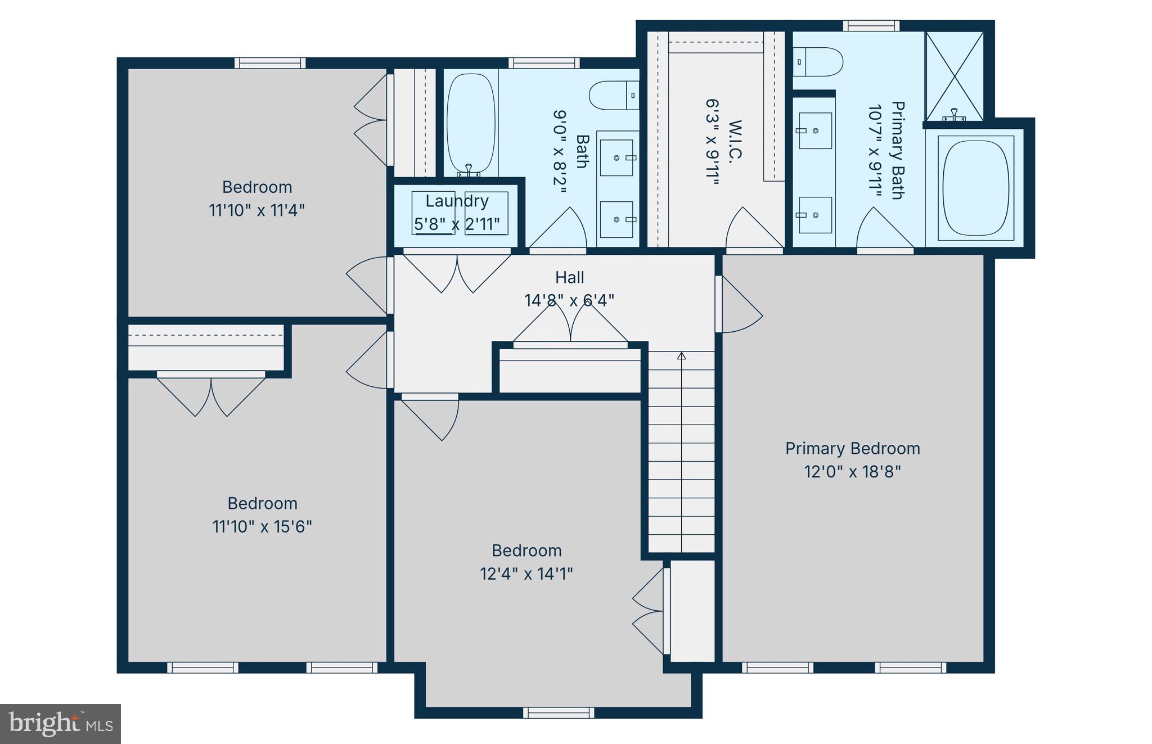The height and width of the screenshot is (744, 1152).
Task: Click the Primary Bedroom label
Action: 852,448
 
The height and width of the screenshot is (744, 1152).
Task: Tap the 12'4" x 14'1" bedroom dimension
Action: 526,574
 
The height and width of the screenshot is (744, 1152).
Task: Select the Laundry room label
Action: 457,201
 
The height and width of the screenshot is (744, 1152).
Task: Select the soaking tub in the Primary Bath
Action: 975,187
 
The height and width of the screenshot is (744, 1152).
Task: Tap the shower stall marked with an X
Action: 955,75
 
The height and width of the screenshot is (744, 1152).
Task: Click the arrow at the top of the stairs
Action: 682,356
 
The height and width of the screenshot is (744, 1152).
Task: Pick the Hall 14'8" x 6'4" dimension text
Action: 569,300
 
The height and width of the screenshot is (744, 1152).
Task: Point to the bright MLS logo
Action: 60,724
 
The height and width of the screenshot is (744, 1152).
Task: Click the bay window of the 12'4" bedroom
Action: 558,713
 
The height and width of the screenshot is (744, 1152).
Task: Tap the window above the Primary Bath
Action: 871,26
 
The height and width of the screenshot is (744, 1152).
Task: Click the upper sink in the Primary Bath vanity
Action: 815,130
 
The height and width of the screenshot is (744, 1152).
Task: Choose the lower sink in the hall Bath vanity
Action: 616,219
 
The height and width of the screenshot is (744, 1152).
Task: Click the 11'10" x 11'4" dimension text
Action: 256,210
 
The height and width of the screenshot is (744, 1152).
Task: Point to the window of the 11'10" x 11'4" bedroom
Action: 270,63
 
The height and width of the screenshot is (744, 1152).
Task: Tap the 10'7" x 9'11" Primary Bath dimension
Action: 874,151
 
